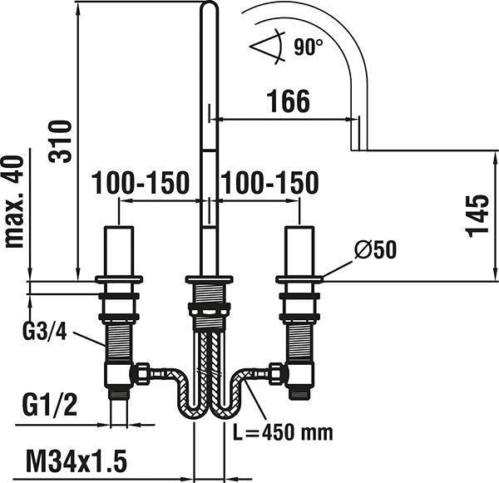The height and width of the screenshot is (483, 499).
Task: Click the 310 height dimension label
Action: tap(59, 141)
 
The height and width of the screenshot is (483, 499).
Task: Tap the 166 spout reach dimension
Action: tap(289, 101)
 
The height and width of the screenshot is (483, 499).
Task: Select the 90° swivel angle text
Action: tap(308, 47)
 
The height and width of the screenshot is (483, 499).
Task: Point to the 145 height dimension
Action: tap(477, 215)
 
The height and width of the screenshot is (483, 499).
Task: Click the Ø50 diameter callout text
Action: tap(376, 249)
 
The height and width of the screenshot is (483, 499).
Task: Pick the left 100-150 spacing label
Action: tap(141, 183)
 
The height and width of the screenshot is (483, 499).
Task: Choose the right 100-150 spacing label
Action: tap(269, 183)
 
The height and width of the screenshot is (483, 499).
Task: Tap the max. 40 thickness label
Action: tap(14, 201)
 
